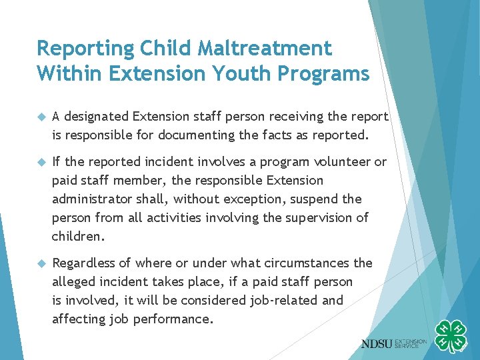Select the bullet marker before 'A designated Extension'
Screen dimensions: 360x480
pyautogui.click(x=41, y=117)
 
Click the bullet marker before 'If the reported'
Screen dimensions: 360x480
pyautogui.click(x=41, y=162)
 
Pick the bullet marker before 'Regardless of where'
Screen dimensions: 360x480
pyautogui.click(x=41, y=263)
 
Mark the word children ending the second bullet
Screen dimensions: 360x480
pyautogui.click(x=77, y=237)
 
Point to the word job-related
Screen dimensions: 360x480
pyautogui.click(x=283, y=301)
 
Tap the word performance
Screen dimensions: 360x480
pyautogui.click(x=175, y=319)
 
